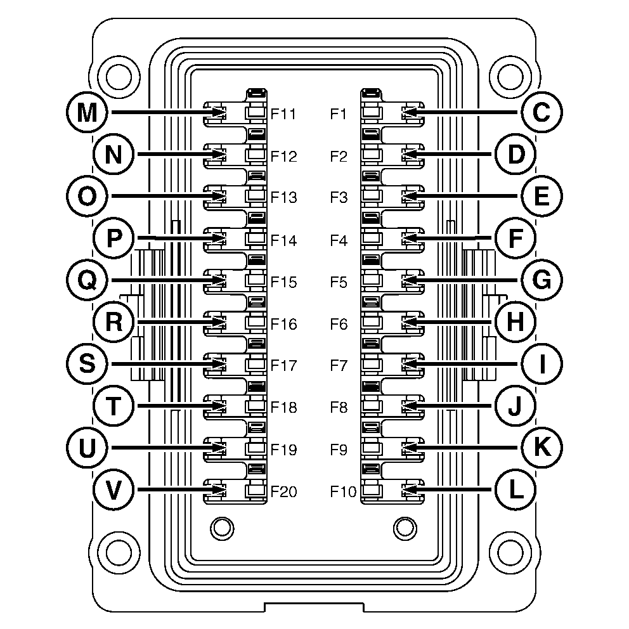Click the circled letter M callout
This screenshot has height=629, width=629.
[86, 113]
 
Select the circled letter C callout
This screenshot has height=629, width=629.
[541, 113]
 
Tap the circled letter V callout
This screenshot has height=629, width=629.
[113, 490]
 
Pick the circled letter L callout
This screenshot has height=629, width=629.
[514, 490]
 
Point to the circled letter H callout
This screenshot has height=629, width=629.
[514, 322]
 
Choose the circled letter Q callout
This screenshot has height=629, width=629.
[86, 280]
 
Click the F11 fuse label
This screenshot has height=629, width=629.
[283, 115]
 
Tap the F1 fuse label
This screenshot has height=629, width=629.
[339, 115]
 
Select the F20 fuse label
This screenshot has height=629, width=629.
[283, 491]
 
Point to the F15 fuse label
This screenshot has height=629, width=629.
[283, 282]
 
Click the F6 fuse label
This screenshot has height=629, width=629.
[339, 324]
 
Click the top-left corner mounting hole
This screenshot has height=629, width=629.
[119, 77]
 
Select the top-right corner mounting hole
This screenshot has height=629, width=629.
[510, 77]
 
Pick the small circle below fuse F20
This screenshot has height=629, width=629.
[221, 527]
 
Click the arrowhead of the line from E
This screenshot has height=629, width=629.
[408, 197]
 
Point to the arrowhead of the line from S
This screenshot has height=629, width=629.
[220, 364]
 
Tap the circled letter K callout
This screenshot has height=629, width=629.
[541, 448]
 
